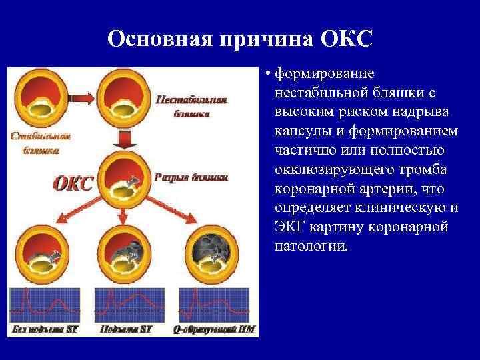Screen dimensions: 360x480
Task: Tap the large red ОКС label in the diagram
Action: point(73,183)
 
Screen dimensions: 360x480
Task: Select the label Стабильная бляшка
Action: point(39,143)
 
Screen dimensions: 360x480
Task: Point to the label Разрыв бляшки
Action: point(191,178)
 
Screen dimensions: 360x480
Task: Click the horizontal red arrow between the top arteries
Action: point(78,97)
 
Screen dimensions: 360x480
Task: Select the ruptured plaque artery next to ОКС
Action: point(122,183)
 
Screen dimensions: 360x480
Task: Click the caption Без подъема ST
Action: point(47,329)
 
